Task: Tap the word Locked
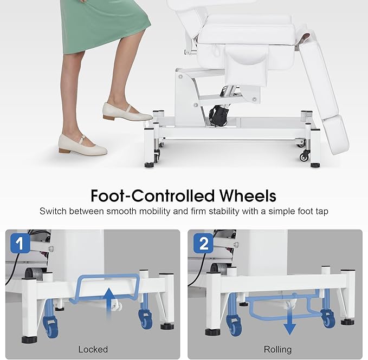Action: tap(93, 349)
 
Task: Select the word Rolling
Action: tap(277, 349)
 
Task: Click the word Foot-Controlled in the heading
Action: tap(146, 195)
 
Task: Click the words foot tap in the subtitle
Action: tap(311, 211)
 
